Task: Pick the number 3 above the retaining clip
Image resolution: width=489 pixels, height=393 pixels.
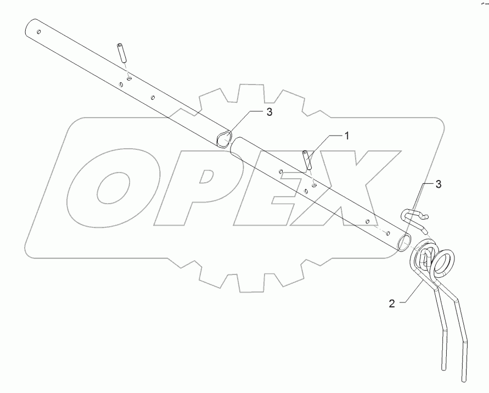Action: [439, 185]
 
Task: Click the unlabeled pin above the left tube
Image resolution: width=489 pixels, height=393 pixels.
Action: [122, 53]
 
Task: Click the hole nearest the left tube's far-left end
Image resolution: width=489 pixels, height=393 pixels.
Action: [38, 32]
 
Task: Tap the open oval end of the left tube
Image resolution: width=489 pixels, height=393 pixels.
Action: [223, 140]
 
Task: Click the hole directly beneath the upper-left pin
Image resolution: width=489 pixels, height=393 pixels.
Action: [127, 78]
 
